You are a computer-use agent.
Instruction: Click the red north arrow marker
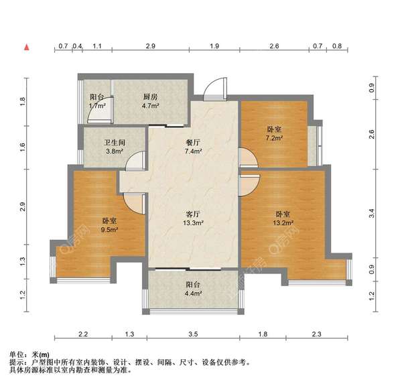[26, 47]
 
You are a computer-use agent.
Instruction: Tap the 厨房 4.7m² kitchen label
[150, 101]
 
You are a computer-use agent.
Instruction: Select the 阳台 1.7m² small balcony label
[97, 101]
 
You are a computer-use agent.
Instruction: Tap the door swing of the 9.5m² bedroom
[133, 202]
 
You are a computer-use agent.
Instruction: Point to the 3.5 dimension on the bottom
[194, 334]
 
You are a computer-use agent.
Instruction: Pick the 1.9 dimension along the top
[214, 46]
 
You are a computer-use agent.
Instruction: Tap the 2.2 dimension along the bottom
[82, 334]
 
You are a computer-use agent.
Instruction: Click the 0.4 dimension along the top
[77, 46]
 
